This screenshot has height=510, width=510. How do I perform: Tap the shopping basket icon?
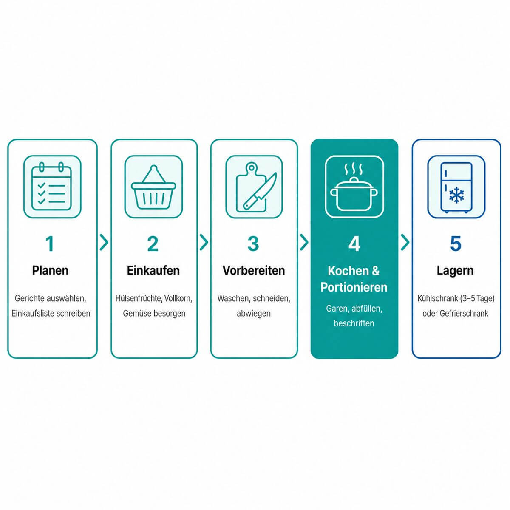pyautogui.click(x=153, y=187)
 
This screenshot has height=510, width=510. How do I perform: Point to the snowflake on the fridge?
pyautogui.click(x=456, y=195)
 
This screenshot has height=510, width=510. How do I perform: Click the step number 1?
pyautogui.click(x=50, y=244)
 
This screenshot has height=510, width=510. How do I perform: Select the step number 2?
pyautogui.click(x=153, y=244)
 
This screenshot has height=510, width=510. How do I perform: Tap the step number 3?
pyautogui.click(x=253, y=244)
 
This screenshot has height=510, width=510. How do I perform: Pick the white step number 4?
pyautogui.click(x=354, y=244)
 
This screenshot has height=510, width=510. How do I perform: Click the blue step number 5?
pyautogui.click(x=456, y=244)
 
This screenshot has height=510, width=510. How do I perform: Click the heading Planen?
pyautogui.click(x=50, y=270)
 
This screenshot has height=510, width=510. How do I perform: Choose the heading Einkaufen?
pyautogui.click(x=153, y=270)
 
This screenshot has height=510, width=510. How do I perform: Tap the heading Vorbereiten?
pyautogui.click(x=254, y=270)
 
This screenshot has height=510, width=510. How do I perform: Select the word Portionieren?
pyautogui.click(x=354, y=287)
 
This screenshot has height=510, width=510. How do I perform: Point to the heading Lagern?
pyautogui.click(x=455, y=271)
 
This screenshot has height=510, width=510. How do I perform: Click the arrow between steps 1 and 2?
pyautogui.click(x=104, y=242)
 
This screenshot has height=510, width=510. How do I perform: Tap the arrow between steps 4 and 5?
pyautogui.click(x=405, y=242)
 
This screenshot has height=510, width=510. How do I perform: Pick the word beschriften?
pyautogui.click(x=354, y=323)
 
